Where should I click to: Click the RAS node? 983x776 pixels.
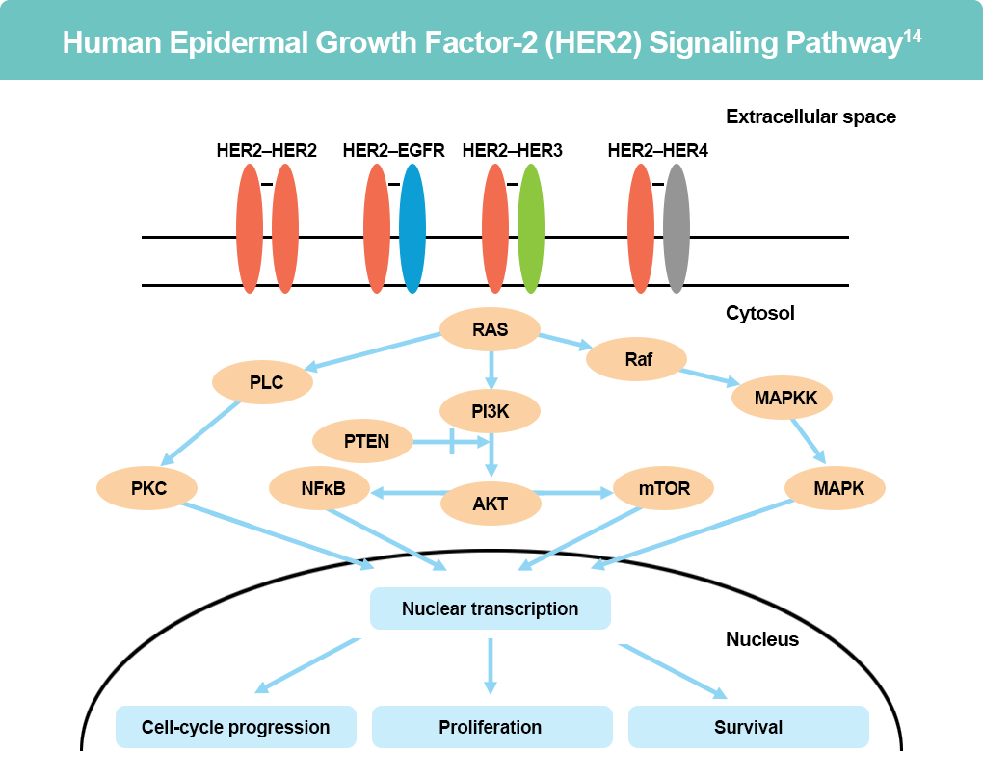pos(490,330)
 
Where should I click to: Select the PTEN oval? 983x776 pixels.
pos(362,442)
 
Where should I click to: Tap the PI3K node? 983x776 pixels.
pos(490,411)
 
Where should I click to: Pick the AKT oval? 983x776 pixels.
pos(490,503)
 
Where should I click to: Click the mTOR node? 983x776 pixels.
pos(664,488)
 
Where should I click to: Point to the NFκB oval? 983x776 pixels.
pos(321,488)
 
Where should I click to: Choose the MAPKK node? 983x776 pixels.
pos(782,396)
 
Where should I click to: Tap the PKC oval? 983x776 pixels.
pos(148,488)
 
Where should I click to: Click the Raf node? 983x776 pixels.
pos(638,360)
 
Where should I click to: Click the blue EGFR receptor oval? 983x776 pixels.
pos(412,228)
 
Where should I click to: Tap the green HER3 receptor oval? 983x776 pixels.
pos(530,228)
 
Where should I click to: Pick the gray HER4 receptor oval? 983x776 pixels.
pos(677,228)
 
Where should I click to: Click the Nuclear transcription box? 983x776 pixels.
pos(491,608)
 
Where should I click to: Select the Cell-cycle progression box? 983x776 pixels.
pos(236,727)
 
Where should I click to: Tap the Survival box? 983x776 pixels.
pos(748,727)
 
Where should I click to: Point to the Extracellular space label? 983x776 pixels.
pos(810,117)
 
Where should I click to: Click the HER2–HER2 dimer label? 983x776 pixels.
pos(266,150)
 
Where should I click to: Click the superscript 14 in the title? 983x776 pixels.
pos(913,37)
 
